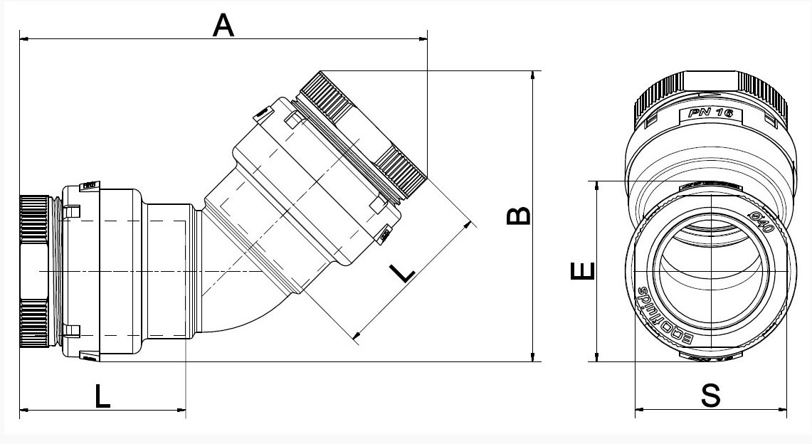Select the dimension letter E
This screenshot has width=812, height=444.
coord(580,271)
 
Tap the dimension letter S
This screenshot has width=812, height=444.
coord(710,396)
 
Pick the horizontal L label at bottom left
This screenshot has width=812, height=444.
coord(102,396)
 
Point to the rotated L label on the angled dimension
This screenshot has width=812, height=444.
coord(402,271)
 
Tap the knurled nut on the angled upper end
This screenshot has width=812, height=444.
coord(363,132)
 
